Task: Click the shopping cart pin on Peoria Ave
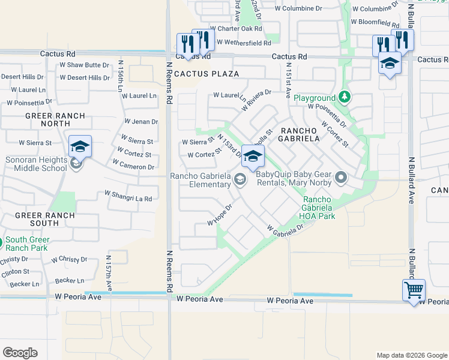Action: [414, 290]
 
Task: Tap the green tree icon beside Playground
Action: [344, 97]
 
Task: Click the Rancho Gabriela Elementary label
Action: [200, 180]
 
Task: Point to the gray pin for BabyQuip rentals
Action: [341, 177]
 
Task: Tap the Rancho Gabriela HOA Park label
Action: [319, 208]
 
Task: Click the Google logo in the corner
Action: [20, 353]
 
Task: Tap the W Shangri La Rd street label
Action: [128, 196]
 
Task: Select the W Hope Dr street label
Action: [220, 215]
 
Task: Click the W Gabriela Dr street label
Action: [286, 230]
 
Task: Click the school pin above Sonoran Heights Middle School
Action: [80, 146]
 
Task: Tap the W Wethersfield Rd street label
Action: [244, 42]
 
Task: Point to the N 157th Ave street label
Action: [109, 272]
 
